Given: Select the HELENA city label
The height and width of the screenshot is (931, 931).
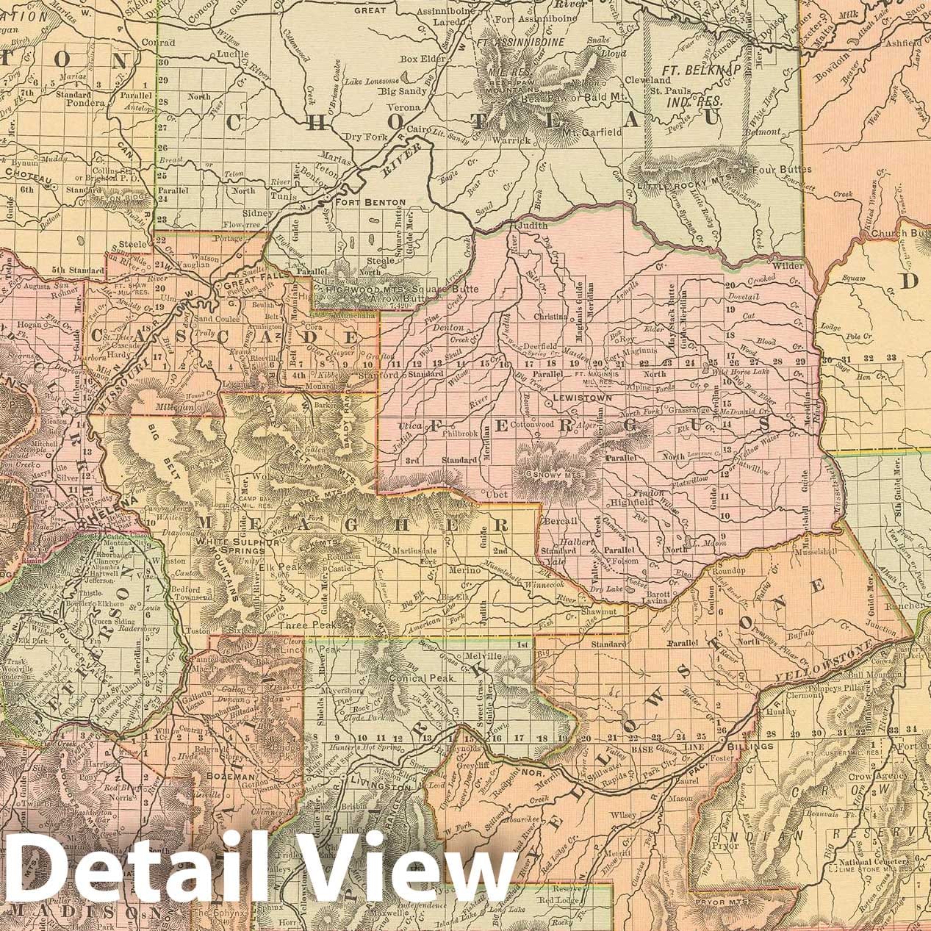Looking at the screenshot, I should pos(109,520).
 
